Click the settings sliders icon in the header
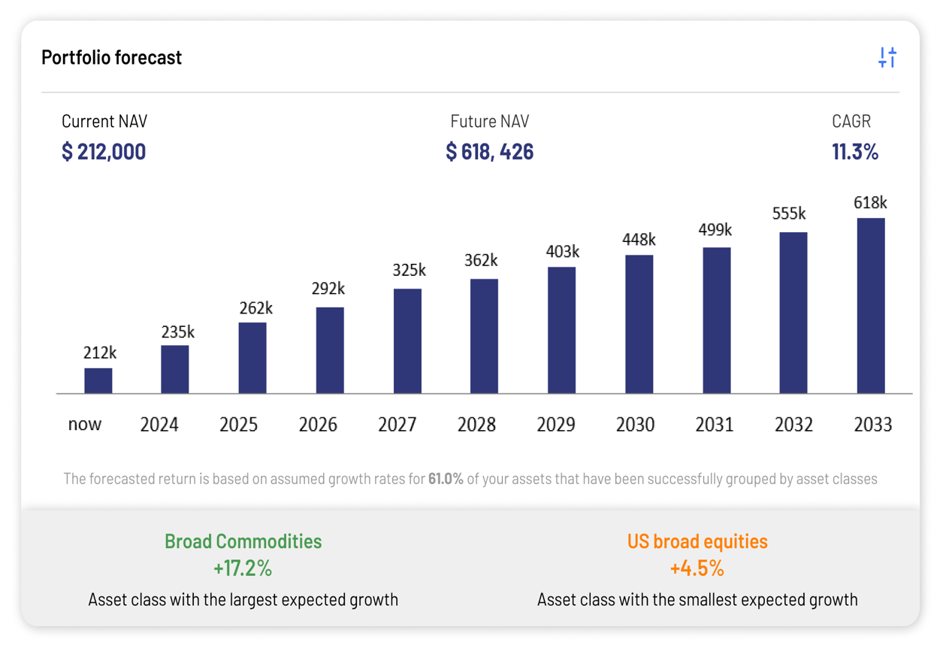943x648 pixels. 887,57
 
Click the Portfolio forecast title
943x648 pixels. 112,58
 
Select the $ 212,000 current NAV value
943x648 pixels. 104,152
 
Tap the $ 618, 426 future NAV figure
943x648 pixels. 490,152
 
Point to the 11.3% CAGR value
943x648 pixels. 855,152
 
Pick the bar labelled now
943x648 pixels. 98,380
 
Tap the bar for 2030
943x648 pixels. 639,324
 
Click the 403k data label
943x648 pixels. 562,251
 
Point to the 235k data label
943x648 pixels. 178,332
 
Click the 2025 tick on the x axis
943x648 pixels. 239,425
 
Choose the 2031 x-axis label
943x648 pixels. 714,425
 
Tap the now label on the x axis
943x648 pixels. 85,424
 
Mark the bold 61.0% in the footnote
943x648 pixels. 446,479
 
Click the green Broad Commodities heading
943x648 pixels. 243,541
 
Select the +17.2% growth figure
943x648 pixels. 243,568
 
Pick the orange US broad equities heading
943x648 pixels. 697,541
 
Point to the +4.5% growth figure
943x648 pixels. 697,568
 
